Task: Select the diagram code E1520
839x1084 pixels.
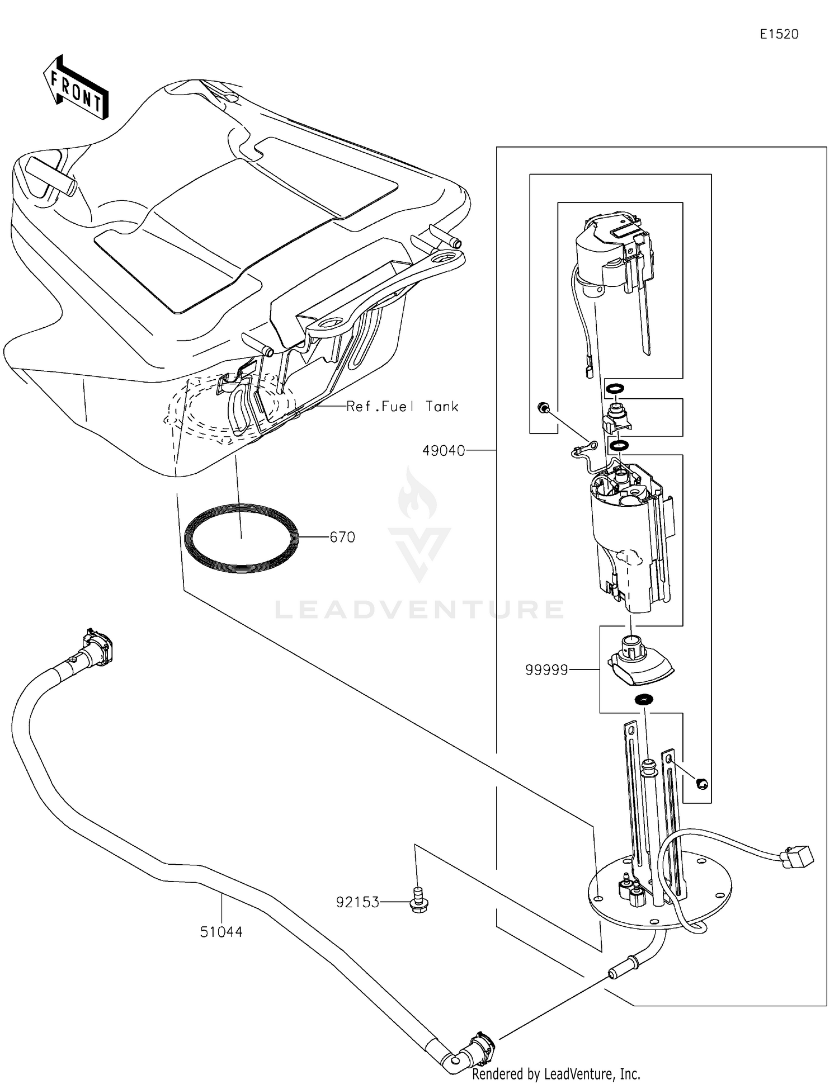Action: coord(779,34)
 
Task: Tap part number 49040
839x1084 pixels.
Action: coord(443,450)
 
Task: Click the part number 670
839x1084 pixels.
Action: coord(342,537)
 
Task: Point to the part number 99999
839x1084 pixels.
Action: coord(546,670)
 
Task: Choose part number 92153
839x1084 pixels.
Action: coord(357,902)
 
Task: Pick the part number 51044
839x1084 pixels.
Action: coord(221,932)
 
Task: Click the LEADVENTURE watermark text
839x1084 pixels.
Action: coord(419,609)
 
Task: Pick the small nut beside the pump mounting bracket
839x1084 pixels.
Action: coord(703,784)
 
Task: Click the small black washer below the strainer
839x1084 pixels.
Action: coord(644,699)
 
